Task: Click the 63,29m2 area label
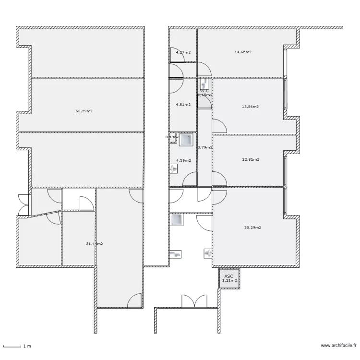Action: tap(84, 111)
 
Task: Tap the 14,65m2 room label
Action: tap(243, 52)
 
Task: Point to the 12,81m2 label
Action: tap(250, 159)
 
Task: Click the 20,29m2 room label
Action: tap(252, 228)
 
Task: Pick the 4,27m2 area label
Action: tap(183, 52)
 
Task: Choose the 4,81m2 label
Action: tap(183, 104)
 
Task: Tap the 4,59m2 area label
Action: tap(183, 160)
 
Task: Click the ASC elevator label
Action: tap(228, 276)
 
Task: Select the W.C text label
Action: tap(204, 90)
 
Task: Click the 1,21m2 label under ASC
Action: tap(229, 281)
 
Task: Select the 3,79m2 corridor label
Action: tap(204, 147)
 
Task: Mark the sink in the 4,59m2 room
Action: tap(173, 168)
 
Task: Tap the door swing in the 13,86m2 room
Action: tap(220, 126)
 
